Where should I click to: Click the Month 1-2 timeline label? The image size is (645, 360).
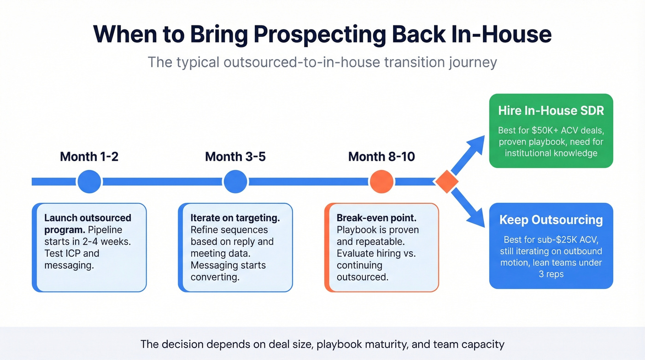(89, 157)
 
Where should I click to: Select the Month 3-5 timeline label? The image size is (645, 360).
(235, 157)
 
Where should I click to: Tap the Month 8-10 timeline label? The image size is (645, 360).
(381, 157)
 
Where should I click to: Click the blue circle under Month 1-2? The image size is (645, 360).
(89, 182)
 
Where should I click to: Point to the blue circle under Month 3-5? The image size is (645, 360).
(235, 182)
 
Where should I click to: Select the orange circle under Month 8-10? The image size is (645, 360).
(381, 182)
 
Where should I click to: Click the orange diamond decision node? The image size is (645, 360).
(446, 182)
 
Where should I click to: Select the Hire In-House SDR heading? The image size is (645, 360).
(551, 111)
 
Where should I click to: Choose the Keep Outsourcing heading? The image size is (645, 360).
(551, 219)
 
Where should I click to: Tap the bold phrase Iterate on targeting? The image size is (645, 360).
(235, 218)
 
